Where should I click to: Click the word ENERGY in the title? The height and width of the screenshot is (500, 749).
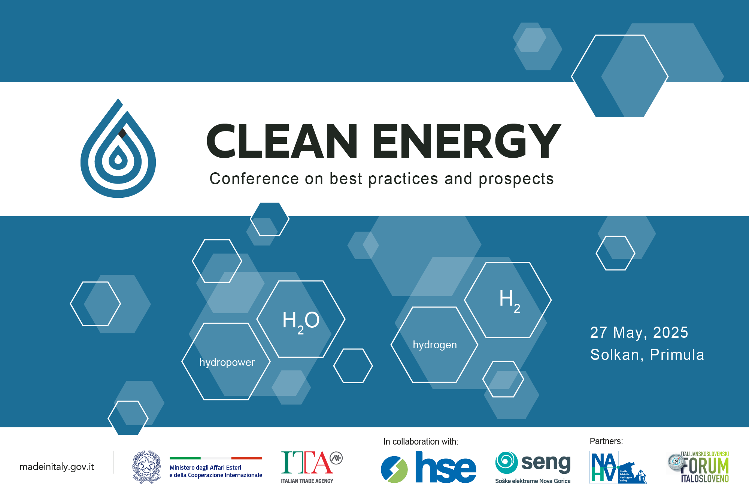tap(466, 141)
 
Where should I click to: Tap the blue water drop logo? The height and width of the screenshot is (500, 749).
tap(118, 150)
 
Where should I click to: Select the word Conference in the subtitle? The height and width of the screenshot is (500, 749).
tap(254, 179)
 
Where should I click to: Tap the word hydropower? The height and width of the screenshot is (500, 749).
tap(227, 363)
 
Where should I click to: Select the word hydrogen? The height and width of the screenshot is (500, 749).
tap(434, 345)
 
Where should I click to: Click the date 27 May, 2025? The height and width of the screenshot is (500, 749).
tap(639, 333)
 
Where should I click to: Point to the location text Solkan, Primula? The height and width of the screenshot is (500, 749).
tap(647, 355)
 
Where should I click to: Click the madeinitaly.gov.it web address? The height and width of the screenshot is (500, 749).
tap(57, 467)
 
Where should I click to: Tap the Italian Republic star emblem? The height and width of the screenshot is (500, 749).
tap(146, 467)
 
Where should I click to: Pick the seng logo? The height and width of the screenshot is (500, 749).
tap(533, 467)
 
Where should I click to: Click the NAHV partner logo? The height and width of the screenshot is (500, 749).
tap(618, 467)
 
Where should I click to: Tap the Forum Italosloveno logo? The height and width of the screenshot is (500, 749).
tap(699, 467)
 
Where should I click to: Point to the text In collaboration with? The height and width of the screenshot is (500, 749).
tap(421, 442)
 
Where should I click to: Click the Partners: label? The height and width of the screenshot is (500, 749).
tap(606, 441)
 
